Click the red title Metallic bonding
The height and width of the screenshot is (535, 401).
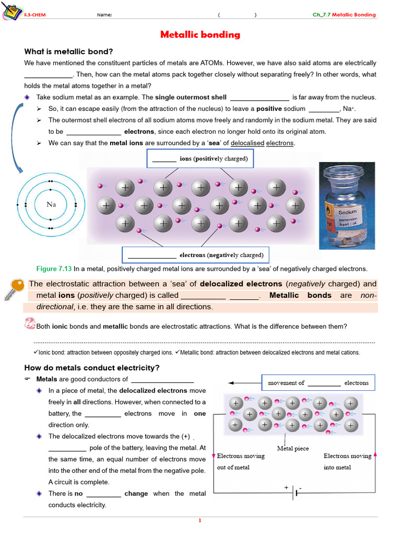click(200, 35)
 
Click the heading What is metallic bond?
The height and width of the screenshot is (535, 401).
click(68, 51)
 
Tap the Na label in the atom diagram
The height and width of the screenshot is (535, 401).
click(51, 204)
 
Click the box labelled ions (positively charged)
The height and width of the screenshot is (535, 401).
click(200, 158)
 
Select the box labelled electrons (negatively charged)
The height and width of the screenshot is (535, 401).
click(196, 255)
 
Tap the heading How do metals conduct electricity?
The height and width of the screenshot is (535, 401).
click(92, 368)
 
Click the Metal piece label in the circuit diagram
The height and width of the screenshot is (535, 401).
click(292, 448)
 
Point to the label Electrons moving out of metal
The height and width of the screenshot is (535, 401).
click(241, 461)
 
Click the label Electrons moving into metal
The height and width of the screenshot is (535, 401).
click(347, 461)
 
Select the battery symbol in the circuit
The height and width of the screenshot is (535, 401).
click(294, 492)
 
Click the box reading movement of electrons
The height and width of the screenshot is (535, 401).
click(318, 383)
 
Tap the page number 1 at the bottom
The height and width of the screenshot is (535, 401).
click(200, 520)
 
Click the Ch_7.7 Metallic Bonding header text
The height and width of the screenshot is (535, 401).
click(344, 15)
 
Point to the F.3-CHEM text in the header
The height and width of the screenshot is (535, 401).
click(35, 15)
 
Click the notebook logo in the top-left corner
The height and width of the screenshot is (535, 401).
click(11, 11)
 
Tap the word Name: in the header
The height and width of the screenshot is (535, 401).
click(104, 15)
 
